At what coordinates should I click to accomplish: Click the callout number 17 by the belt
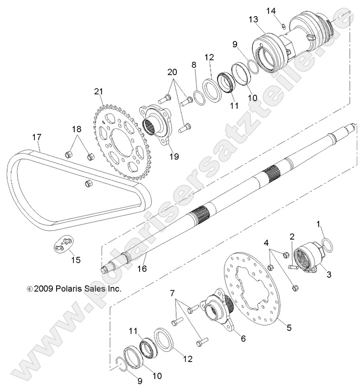coord(37,137)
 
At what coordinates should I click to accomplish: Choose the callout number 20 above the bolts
coord(172,73)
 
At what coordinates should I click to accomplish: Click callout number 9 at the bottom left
coord(127,381)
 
